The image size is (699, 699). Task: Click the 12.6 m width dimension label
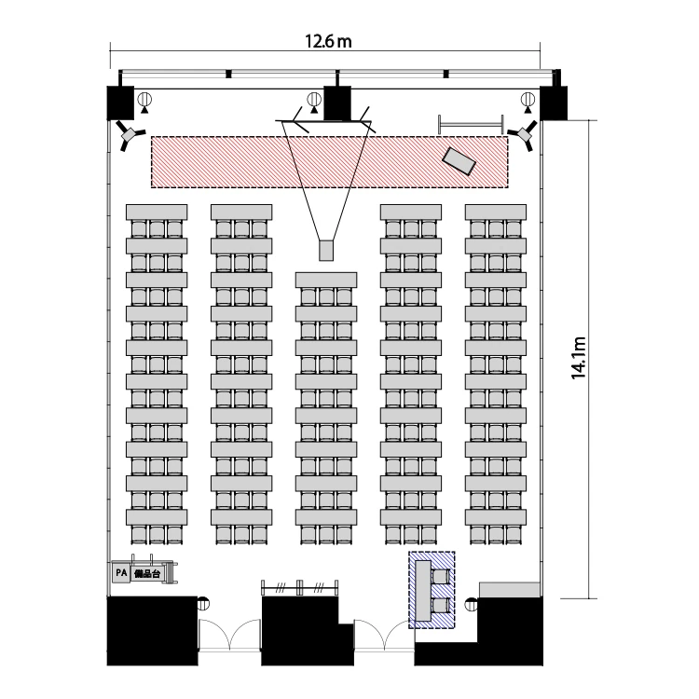tap(328, 41)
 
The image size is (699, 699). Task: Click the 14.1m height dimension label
tap(578, 358)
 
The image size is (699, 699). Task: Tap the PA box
tap(121, 573)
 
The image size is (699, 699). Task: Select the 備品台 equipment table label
tap(147, 573)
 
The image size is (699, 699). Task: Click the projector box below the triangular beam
tap(326, 251)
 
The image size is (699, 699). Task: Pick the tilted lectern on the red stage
tap(459, 160)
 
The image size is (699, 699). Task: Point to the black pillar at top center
tap(337, 103)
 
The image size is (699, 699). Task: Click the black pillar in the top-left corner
tap(120, 103)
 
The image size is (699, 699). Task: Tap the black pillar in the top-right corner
tap(554, 103)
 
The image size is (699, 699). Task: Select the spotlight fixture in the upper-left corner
tap(130, 134)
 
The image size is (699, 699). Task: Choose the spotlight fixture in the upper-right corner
tap(524, 134)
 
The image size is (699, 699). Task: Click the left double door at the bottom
tap(229, 636)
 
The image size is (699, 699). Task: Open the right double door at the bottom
tap(384, 636)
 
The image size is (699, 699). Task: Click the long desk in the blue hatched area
tap(423, 591)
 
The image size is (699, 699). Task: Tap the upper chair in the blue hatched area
tap(441, 576)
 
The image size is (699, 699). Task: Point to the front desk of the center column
tap(326, 280)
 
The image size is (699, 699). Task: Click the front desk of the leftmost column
tap(157, 212)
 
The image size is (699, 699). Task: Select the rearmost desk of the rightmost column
tap(496, 517)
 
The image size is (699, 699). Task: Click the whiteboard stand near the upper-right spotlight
tap(471, 124)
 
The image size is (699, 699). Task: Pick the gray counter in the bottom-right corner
tap(510, 589)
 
